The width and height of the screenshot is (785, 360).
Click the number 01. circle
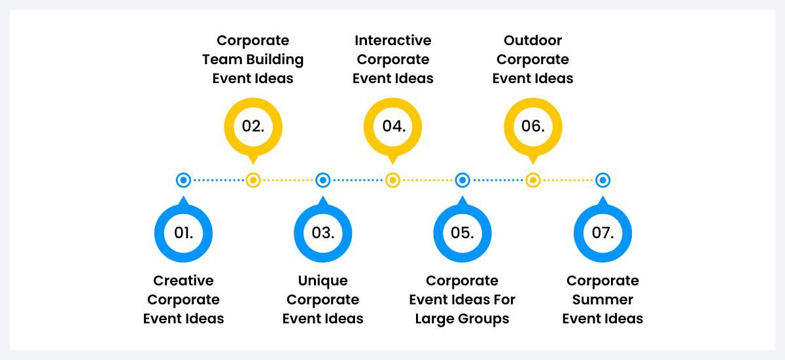183,232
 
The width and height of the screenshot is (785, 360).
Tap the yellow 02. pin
253,126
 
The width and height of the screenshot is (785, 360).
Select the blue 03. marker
323,232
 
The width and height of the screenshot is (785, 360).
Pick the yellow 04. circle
392,126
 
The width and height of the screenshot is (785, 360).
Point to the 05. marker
462,232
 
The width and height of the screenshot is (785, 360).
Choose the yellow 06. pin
532,126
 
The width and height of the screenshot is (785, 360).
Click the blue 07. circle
602,232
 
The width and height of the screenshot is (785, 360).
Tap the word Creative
183,281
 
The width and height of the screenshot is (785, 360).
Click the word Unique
323,281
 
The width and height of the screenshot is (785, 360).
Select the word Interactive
392,41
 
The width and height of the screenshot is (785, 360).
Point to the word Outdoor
532,41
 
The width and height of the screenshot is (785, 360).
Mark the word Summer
602,300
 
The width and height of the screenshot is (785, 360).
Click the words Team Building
253,60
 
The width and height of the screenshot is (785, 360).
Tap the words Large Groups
462,319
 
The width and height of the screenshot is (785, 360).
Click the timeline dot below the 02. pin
253,180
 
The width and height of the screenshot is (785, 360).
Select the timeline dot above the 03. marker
323,180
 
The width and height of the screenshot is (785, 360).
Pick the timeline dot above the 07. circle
602,180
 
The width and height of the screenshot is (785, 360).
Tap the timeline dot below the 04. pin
392,180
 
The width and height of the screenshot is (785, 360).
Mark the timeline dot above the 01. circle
183,180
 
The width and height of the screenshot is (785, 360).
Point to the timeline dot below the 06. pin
532,180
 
